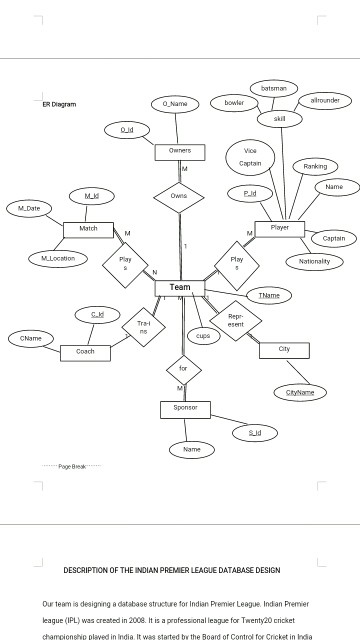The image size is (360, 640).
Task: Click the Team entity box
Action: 180,288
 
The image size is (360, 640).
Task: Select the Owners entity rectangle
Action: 180,151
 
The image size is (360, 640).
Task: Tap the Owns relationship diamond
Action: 179,196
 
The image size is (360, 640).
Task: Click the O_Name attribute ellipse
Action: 174,104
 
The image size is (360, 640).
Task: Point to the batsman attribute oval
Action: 273,89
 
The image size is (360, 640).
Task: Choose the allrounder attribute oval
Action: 325,101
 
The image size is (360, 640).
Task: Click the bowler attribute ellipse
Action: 234,103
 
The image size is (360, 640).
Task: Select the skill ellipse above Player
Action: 279,119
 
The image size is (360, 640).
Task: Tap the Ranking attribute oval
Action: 315,166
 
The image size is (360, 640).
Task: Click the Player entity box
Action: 280,228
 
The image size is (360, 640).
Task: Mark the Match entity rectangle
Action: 89,229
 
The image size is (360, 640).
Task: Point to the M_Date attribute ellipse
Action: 30,208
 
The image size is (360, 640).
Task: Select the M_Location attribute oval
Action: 58,258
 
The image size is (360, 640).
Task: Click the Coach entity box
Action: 86,352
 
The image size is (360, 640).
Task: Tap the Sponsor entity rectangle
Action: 185,408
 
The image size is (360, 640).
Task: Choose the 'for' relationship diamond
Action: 183,369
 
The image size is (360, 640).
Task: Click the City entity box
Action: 284,349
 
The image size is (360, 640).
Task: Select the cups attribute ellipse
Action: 203,336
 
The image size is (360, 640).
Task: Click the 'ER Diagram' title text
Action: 59,104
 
